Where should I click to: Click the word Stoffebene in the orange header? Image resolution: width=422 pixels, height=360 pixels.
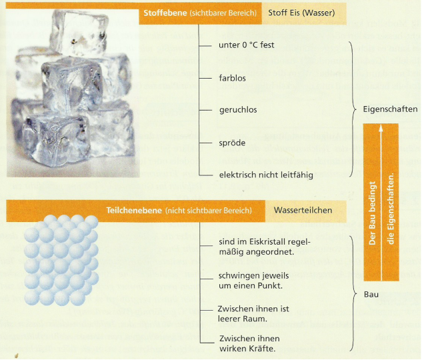[x=163, y=13]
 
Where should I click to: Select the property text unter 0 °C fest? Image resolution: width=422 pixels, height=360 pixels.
[x=247, y=45]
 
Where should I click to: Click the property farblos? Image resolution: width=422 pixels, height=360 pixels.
[x=232, y=78]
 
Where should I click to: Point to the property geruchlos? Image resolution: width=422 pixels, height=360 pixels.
[x=238, y=109]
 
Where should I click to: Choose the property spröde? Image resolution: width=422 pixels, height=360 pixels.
[x=231, y=143]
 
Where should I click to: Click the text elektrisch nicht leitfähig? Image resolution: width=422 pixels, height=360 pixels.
[x=265, y=175]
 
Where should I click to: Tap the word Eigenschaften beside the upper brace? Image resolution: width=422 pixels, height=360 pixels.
[x=391, y=109]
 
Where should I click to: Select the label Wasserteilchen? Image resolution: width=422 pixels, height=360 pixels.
[x=303, y=211]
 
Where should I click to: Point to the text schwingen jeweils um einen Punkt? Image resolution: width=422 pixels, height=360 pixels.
[x=251, y=280]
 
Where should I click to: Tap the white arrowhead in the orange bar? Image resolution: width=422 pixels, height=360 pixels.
[x=382, y=131]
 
